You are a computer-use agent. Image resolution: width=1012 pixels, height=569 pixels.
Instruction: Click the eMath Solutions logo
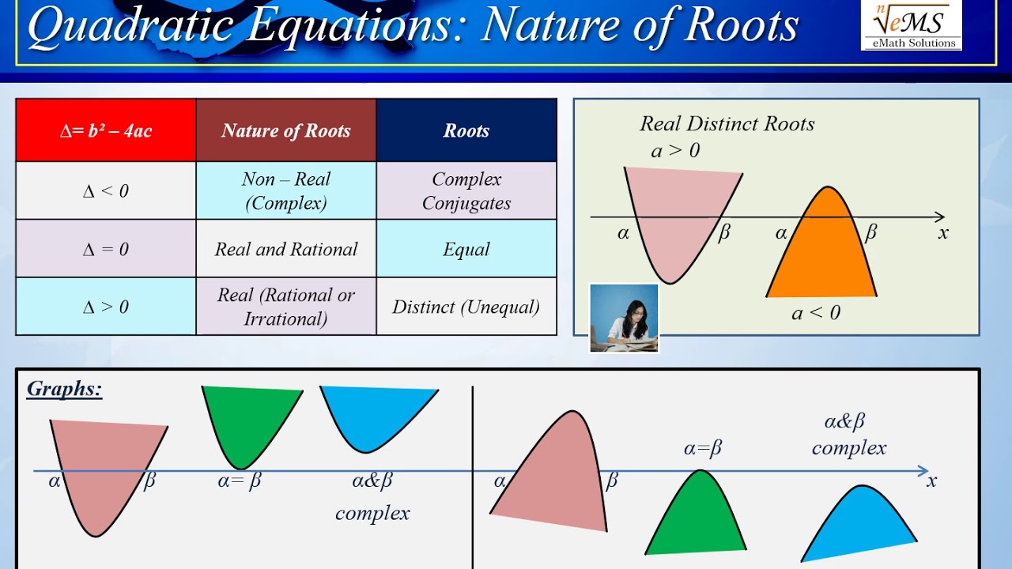coord(911,25)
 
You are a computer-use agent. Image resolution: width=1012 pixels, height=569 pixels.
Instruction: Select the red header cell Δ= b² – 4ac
coord(106,130)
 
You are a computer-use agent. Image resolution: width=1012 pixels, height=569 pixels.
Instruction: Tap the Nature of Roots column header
coord(286,130)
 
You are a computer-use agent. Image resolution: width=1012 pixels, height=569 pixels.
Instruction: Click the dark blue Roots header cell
coord(466,130)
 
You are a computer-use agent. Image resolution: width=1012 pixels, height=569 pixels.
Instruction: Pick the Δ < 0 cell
coord(106,190)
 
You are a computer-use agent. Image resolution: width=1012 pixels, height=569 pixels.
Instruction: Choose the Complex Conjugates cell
coord(466,190)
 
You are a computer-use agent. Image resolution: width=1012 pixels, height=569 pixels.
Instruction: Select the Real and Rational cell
coord(286,249)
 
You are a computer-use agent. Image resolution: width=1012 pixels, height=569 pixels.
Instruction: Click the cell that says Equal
coord(466,249)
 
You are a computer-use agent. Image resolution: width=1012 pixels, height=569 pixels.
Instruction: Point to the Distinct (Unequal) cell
coord(466,307)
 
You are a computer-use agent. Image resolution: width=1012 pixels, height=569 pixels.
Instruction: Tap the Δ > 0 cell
coord(106,307)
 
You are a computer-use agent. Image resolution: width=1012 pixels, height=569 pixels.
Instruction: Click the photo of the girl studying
coord(624,318)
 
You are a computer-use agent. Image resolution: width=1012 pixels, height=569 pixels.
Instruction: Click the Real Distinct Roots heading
coord(727,124)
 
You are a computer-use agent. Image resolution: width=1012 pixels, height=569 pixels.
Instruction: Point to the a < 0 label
coord(816,313)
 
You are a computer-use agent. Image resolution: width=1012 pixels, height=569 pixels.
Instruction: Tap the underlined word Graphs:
coord(64,389)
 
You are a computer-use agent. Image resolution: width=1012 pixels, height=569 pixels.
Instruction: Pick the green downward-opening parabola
coord(697,518)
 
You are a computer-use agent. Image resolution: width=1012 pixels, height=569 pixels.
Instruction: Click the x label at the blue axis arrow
coord(931,480)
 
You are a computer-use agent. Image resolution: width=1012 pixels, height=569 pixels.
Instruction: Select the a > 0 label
coord(675,150)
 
